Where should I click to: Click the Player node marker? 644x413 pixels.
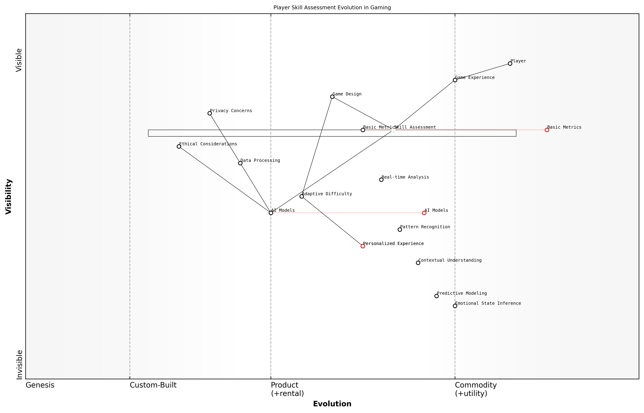510,64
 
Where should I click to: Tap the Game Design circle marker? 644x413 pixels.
332,97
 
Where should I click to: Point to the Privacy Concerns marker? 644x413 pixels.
210,113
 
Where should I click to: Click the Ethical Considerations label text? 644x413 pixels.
208,144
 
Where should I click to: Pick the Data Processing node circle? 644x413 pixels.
240,163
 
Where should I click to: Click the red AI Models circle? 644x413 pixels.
424,213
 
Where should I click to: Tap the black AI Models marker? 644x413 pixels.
271,213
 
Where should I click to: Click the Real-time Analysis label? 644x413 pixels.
405,177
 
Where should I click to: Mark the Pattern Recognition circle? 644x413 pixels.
400,230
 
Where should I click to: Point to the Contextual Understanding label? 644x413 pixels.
450,260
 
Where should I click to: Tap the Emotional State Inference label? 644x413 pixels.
488,303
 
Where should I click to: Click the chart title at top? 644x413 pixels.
332,8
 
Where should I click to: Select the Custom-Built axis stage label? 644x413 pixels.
153,385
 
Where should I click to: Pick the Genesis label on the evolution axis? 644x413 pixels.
40,385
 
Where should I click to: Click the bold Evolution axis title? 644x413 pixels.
332,404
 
